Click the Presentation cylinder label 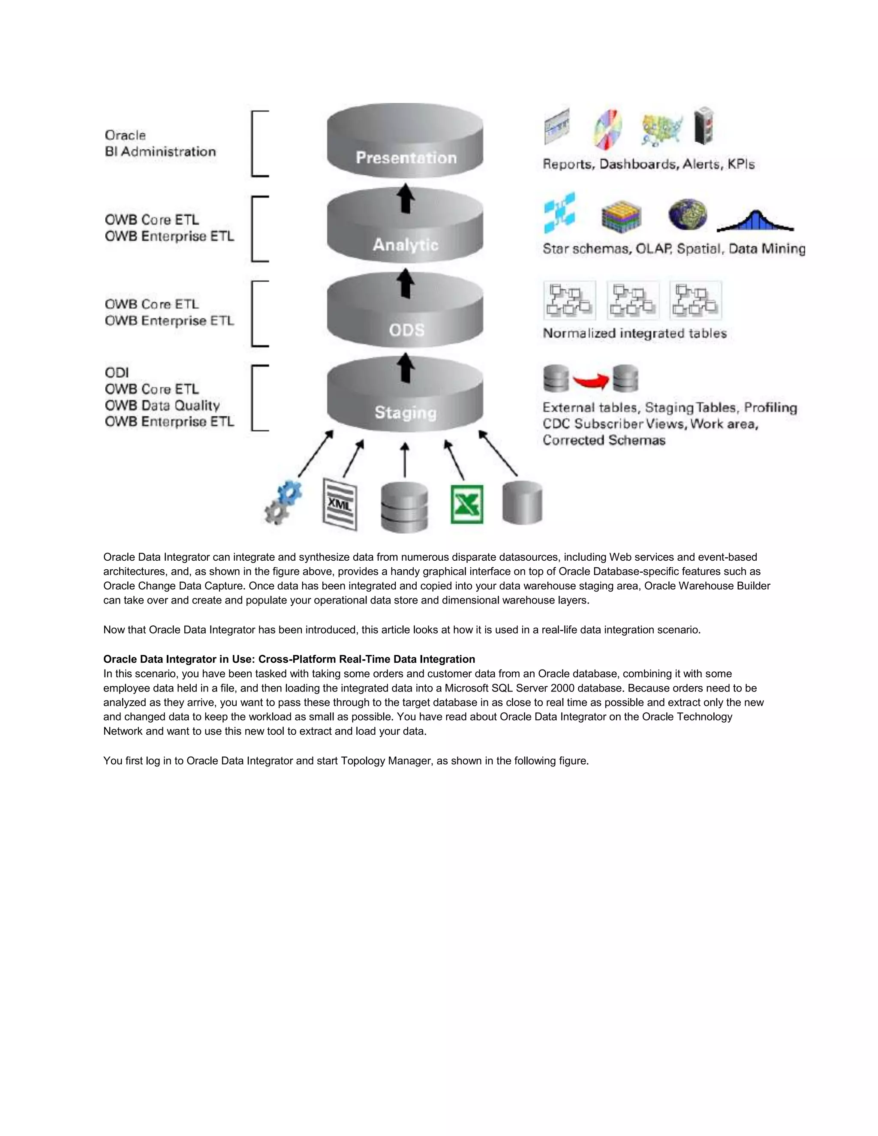tap(406, 158)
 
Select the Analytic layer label tap(405, 244)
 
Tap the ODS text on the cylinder tap(406, 330)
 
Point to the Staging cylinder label tap(405, 412)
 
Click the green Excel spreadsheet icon tap(466, 504)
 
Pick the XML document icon tap(340, 504)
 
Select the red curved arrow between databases tap(591, 381)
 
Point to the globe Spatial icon tap(687, 214)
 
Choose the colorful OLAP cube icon tap(621, 216)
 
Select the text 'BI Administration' tap(160, 152)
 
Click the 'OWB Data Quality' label tap(162, 405)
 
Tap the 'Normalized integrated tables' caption tap(634, 334)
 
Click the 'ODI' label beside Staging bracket tap(117, 373)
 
